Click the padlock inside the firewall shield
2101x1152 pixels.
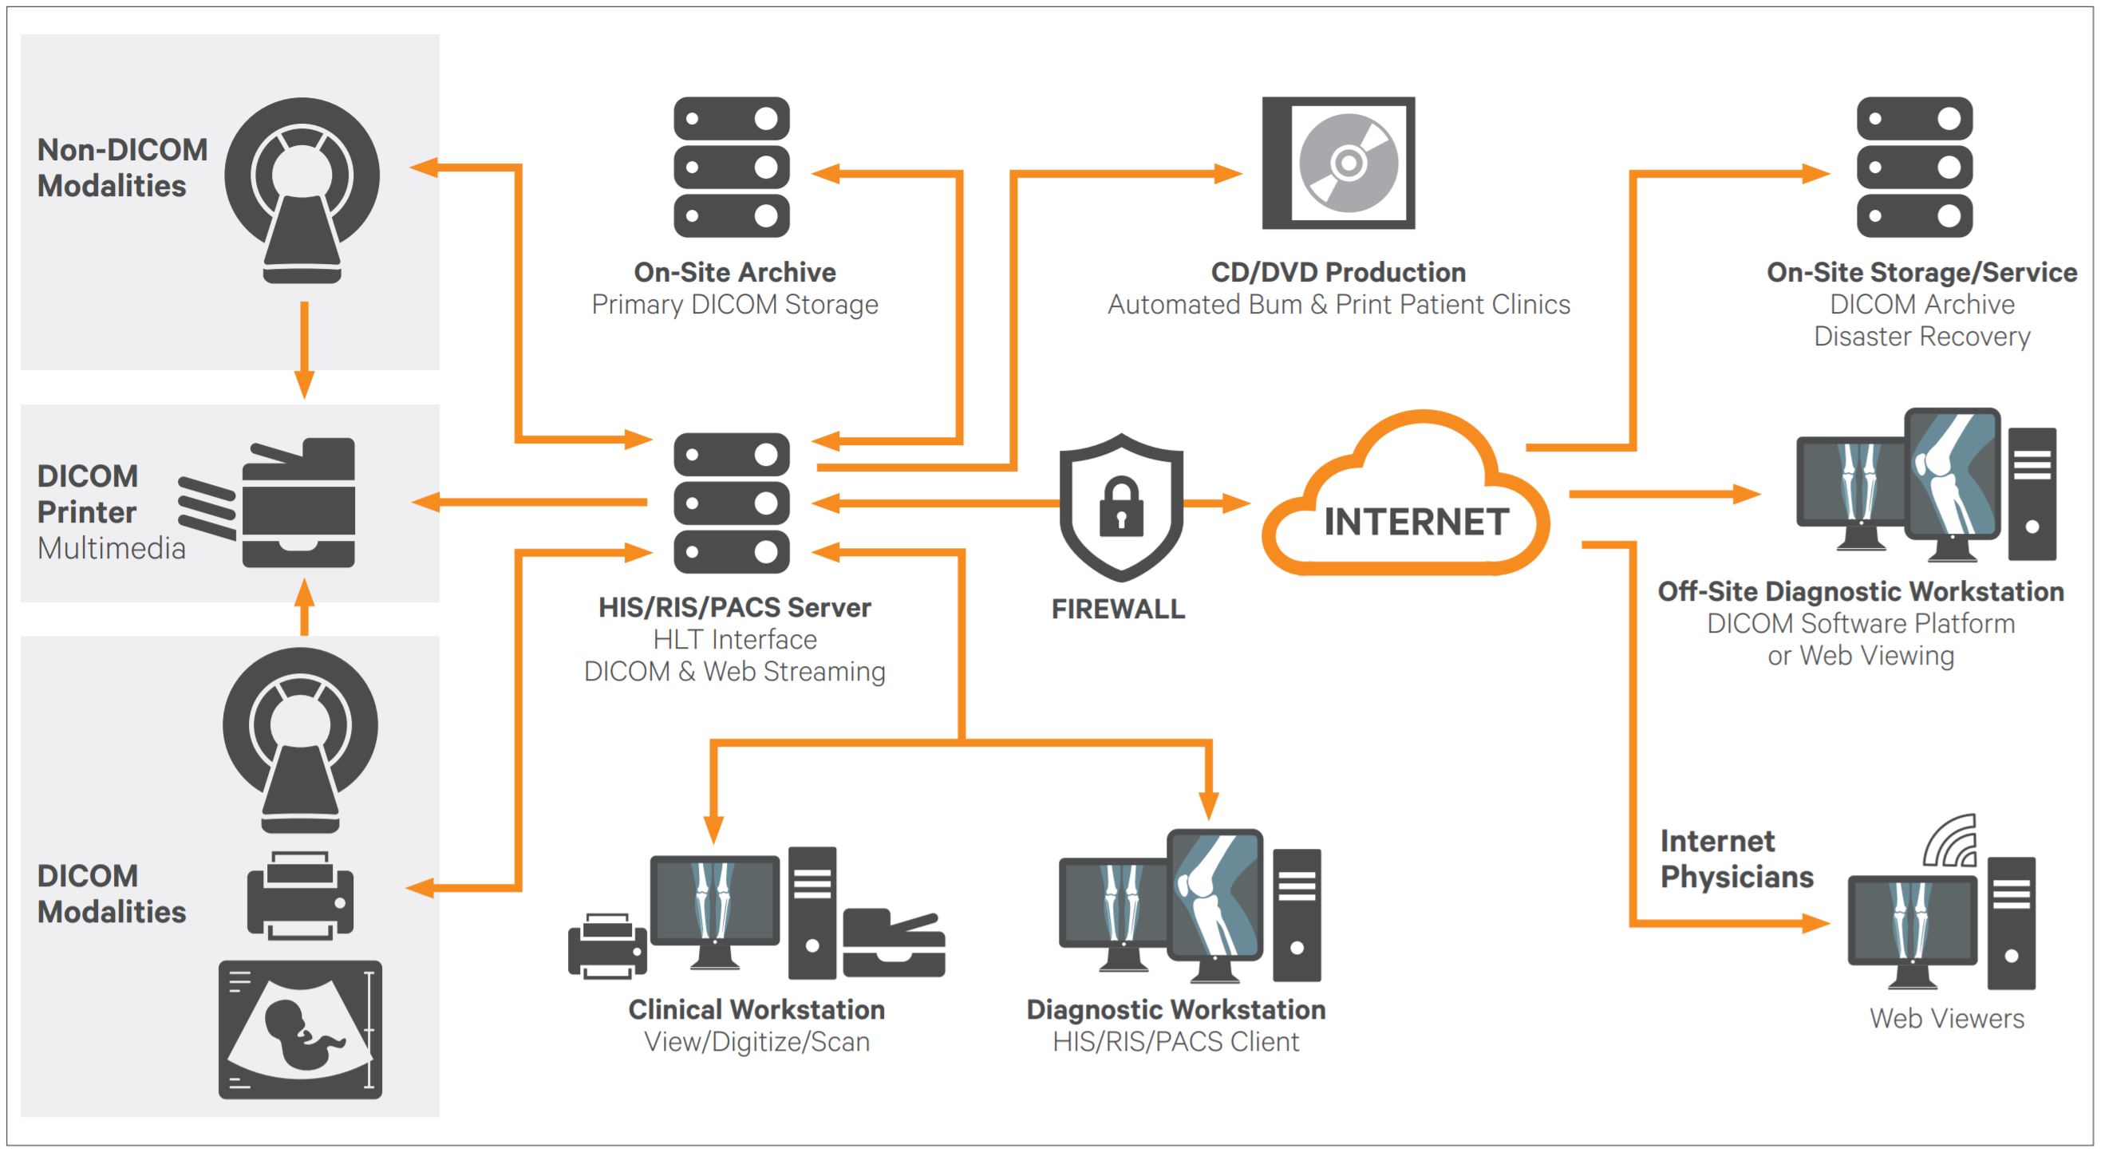(1120, 509)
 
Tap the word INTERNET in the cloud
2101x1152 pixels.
(1416, 522)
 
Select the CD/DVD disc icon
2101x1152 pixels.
(1348, 163)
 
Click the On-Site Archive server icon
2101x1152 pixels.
(731, 167)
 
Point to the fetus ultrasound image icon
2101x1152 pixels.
(300, 1029)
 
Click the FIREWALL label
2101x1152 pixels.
(1117, 609)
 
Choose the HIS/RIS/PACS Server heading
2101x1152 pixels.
(734, 607)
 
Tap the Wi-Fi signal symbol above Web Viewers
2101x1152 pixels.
(1951, 842)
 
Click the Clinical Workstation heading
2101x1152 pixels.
(756, 1009)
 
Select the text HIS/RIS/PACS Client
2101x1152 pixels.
(1175, 1042)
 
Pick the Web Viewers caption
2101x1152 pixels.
(1946, 1018)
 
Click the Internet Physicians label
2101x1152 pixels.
(1736, 858)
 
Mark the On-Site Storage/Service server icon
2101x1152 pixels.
(1914, 167)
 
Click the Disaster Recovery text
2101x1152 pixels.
(1921, 336)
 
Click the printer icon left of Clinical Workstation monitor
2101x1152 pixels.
(607, 945)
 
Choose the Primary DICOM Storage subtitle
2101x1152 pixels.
(734, 304)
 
